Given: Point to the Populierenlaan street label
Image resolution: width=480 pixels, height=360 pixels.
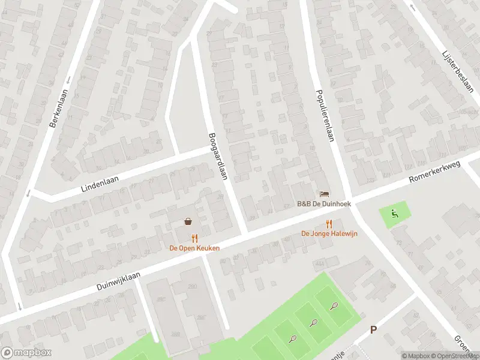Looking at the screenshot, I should [x=324, y=116].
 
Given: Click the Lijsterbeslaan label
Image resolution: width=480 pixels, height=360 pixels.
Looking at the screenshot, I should [x=458, y=70].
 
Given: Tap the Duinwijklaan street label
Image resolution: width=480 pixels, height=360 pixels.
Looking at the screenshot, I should [x=118, y=281].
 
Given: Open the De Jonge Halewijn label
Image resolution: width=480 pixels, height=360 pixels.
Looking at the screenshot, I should [x=329, y=233].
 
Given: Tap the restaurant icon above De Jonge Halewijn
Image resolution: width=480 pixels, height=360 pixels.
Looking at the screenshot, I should [x=329, y=224].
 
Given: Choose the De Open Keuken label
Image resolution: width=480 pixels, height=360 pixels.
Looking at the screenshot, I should [x=194, y=248].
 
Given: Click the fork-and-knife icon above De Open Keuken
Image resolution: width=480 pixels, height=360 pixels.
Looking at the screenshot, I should [x=194, y=238].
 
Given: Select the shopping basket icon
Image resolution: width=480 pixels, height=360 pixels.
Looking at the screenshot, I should [x=188, y=221].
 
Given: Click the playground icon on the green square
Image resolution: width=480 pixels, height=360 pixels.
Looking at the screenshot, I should [x=394, y=212].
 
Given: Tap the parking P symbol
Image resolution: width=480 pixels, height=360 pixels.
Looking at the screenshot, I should [x=373, y=329].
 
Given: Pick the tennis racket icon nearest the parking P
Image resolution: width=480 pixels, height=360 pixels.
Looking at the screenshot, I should [x=334, y=306].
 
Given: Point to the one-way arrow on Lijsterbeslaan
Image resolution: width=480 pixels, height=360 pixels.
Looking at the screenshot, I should [x=412, y=7].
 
